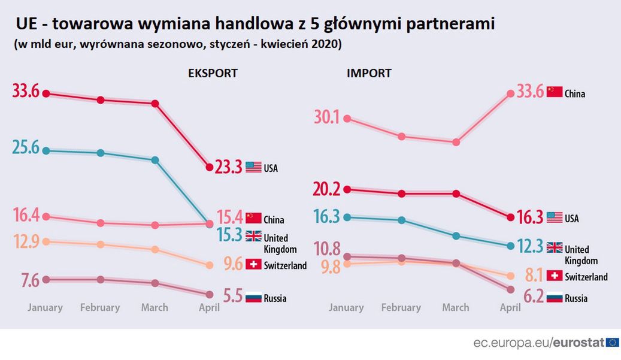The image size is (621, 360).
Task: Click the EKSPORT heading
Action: click(x=213, y=74)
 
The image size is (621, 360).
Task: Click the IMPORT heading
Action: click(x=369, y=74)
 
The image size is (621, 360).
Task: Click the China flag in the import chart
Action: click(x=555, y=92)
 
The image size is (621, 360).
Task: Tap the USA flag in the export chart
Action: click(x=253, y=167)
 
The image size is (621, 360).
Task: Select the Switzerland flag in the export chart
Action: click(x=253, y=264)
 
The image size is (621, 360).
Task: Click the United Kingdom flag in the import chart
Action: click(x=555, y=247)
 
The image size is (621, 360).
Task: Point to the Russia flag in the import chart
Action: click(x=555, y=297)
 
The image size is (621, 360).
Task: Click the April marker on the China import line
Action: click(x=510, y=93)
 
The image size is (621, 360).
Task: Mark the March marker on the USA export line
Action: click(x=155, y=104)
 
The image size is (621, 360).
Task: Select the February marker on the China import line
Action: click(x=402, y=137)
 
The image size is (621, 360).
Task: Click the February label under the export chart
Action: click(x=100, y=308)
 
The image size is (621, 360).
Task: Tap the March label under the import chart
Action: click(x=456, y=308)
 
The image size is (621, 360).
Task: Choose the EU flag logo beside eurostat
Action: click(x=613, y=343)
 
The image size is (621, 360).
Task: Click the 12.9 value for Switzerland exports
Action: click(x=26, y=242)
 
